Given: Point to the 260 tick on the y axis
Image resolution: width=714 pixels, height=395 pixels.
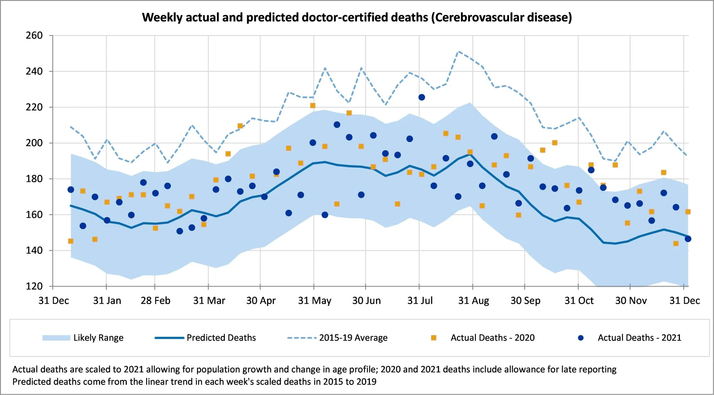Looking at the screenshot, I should tap(34, 36).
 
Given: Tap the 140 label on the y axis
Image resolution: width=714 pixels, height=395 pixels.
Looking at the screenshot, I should tap(34, 250).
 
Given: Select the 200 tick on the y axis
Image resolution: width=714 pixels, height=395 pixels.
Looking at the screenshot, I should tap(34, 143).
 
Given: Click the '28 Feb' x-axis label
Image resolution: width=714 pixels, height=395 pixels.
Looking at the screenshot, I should tap(155, 301).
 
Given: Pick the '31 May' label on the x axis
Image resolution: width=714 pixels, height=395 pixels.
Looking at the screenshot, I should tap(314, 301).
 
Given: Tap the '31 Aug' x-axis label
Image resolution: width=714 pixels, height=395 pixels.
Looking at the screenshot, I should tap(473, 301).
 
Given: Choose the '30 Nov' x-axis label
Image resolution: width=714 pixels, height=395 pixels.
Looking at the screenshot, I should tap(631, 301).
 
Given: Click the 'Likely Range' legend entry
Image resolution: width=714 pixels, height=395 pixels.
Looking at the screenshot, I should tap(98, 338).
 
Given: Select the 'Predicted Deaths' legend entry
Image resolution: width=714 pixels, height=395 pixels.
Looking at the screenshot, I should tap(221, 338).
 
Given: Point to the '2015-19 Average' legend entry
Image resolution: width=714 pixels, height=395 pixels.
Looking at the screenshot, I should tap(353, 338).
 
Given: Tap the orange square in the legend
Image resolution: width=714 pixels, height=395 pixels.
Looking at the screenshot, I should tap(434, 338).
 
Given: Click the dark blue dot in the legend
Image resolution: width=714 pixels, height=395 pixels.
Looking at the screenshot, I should tap(581, 338).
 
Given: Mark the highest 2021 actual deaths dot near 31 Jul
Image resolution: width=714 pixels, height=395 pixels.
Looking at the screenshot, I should tap(421, 97).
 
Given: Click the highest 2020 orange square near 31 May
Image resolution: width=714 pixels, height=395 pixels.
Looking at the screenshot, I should tap(313, 106).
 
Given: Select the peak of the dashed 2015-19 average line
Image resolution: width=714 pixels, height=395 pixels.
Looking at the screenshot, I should tap(459, 52).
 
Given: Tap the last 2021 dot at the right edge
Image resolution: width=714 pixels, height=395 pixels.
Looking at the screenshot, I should tap(688, 239).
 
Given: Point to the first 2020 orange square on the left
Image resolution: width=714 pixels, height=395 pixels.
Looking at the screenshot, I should tap(71, 241).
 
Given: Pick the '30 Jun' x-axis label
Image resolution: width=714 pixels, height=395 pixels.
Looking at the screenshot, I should tap(366, 301).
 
